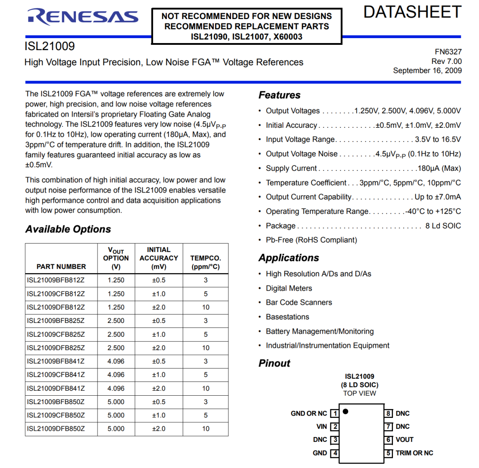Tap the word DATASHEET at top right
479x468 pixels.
tap(412, 12)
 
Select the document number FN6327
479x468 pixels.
tap(448, 52)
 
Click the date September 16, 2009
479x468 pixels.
tap(427, 71)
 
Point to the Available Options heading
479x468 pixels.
tap(68, 229)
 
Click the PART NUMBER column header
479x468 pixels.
tap(61, 267)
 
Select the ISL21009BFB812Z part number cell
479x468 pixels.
tap(56, 280)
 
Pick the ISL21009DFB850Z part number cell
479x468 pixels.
tap(56, 429)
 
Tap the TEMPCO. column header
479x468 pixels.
tap(205, 262)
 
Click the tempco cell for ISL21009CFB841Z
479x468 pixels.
tap(206, 375)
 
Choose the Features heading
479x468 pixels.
tap(279, 95)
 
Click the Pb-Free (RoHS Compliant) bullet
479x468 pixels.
tap(311, 240)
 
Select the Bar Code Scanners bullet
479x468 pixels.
tap(298, 303)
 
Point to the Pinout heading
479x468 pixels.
tap(274, 363)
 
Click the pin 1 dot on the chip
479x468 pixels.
tap(346, 411)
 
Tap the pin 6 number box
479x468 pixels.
tap(389, 440)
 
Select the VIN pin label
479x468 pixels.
tap(322, 427)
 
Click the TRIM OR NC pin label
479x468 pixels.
tap(414, 453)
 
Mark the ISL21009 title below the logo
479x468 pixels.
tap(50, 46)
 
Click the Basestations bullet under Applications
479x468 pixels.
tap(287, 317)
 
